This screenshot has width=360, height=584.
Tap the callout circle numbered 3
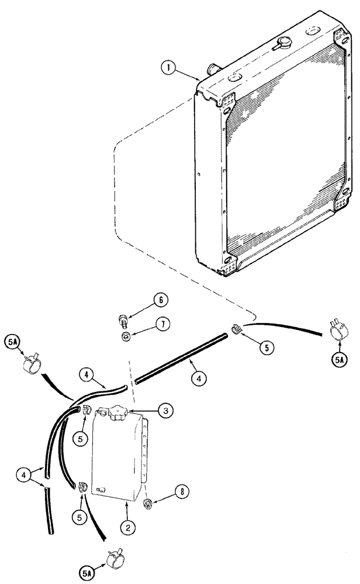tap(165, 412)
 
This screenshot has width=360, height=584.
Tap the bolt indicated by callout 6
tap(123, 320)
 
